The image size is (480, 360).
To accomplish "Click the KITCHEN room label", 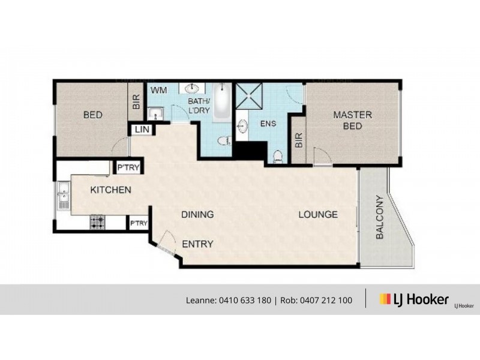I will tap(110, 190).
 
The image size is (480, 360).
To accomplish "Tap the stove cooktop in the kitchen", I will tap(97, 223).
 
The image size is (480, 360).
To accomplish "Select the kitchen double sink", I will tap(63, 195).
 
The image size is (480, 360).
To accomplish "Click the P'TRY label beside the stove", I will tap(139, 223).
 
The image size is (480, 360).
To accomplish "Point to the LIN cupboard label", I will tap(142, 130).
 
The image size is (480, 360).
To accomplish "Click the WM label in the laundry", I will tap(158, 90).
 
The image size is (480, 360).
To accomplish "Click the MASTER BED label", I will tap(352, 120).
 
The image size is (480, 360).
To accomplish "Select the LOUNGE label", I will tap(318, 214).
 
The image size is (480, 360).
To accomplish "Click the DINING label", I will tap(198, 214).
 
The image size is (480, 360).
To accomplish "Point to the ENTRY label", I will tap(198, 244).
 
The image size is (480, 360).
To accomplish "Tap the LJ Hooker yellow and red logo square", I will tap(385, 299).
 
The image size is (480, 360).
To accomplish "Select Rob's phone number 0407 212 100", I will tap(323, 300).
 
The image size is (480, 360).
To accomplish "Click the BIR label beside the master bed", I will tap(298, 139).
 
